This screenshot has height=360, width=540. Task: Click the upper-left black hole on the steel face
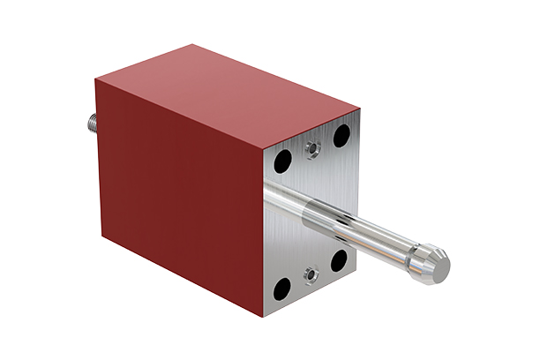(x=283, y=161)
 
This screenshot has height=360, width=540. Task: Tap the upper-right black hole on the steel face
(x=340, y=136)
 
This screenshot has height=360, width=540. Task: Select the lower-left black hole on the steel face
(x=282, y=287)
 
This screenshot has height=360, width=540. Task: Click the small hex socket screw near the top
(x=311, y=149)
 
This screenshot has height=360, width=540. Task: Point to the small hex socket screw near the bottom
(x=311, y=275)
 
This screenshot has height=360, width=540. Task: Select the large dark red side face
(x=176, y=194)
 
